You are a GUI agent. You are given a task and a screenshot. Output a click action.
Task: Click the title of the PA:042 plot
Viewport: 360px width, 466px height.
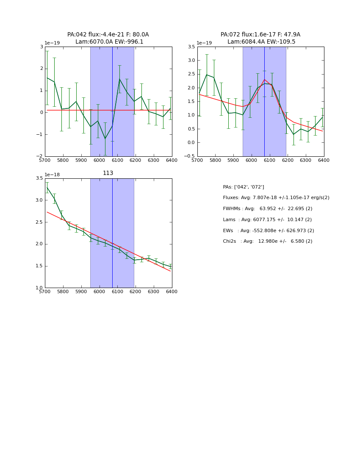pos(108,38)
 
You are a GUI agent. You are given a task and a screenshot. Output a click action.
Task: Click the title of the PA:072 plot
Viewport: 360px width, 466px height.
pos(260,38)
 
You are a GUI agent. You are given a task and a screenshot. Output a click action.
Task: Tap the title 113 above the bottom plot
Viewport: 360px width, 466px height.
pos(108,173)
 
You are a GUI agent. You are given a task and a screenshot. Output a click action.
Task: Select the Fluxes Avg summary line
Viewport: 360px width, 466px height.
pos(276,198)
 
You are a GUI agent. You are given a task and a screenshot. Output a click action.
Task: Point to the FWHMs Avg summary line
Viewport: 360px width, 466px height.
pos(267,209)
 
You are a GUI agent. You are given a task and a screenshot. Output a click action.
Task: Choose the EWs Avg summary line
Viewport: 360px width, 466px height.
pos(268,231)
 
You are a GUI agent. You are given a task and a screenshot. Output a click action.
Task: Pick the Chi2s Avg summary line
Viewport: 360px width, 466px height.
pos(267,241)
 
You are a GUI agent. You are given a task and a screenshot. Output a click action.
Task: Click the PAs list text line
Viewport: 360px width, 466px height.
pos(243,187)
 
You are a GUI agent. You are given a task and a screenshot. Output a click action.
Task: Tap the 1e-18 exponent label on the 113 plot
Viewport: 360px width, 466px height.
pos(52,175)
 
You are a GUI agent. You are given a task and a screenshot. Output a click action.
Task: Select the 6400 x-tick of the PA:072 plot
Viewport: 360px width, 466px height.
pos(324,161)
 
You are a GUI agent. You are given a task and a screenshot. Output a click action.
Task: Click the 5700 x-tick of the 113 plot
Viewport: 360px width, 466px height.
pos(45,292)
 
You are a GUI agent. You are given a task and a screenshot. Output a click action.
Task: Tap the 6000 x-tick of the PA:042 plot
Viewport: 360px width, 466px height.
pos(99,161)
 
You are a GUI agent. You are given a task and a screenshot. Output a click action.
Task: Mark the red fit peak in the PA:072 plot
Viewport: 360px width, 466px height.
pos(264,79)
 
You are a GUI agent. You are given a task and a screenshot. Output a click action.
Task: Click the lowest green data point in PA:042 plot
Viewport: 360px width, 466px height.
pos(105,139)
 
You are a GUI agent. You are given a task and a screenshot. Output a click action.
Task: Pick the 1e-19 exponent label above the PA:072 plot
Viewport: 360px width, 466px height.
pos(205,43)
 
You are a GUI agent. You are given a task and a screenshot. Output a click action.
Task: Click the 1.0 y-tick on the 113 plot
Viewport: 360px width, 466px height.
pos(39,288)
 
